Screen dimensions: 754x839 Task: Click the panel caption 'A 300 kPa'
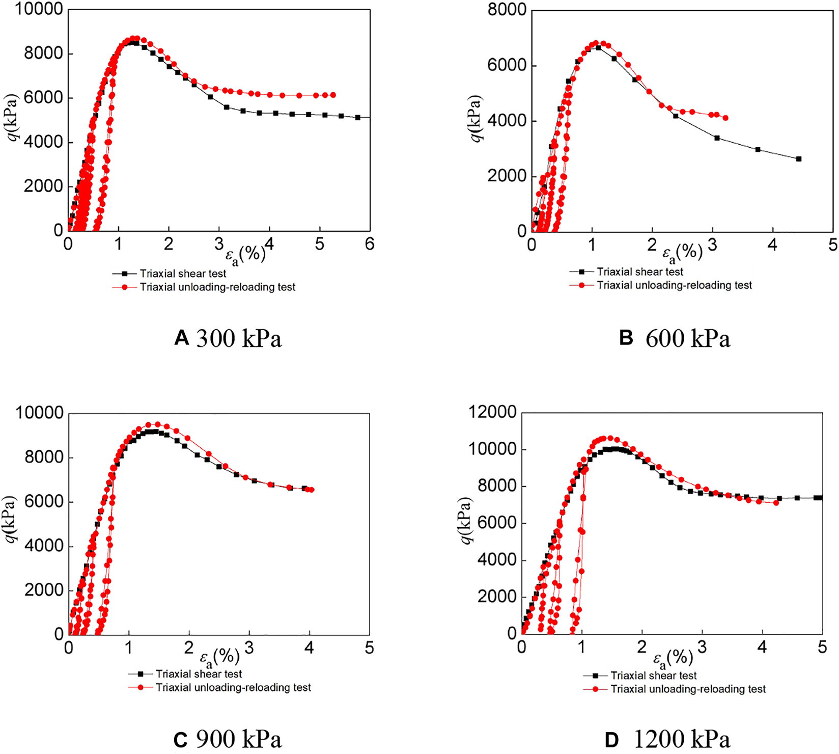(228, 339)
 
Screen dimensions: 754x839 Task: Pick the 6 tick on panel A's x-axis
(369, 244)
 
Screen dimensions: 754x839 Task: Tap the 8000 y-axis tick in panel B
(507, 10)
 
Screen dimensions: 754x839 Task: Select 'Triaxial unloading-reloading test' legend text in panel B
(674, 285)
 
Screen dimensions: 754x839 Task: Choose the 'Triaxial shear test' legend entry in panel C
(199, 674)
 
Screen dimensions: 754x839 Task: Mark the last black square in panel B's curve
(798, 159)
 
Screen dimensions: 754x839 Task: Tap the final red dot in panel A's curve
(333, 95)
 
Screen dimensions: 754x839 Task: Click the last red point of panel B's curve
(725, 118)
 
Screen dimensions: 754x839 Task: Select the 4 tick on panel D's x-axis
(762, 648)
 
